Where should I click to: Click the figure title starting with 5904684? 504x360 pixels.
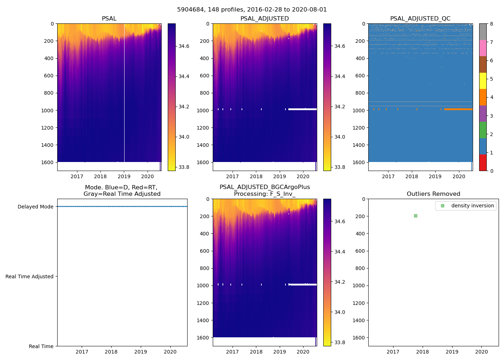click(x=252, y=10)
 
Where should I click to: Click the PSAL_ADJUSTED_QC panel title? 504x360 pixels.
click(x=420, y=19)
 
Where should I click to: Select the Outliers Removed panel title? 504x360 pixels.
click(x=433, y=194)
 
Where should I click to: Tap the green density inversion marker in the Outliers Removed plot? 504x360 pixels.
click(x=415, y=216)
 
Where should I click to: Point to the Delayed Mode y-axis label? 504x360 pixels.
click(x=35, y=207)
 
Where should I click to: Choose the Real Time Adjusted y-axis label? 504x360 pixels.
click(x=30, y=276)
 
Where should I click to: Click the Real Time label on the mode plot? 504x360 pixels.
click(x=41, y=346)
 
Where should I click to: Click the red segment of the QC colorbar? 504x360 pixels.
click(x=483, y=163)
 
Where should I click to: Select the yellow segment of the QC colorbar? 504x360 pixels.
click(x=483, y=81)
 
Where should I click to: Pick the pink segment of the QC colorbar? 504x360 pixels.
click(x=483, y=48)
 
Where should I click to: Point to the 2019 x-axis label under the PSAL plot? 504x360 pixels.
click(x=124, y=176)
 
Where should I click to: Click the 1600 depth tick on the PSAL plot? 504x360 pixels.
click(x=48, y=162)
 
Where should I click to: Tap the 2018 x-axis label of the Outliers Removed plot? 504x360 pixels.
click(x=422, y=352)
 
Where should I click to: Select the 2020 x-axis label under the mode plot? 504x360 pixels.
click(x=170, y=352)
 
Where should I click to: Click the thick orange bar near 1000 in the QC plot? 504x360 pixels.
click(x=458, y=109)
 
